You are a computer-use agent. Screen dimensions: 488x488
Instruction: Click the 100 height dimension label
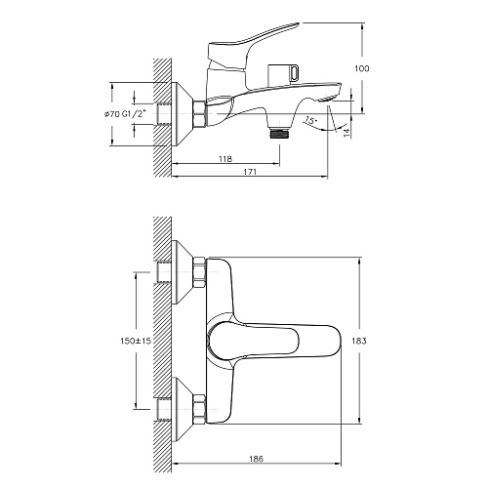(362, 68)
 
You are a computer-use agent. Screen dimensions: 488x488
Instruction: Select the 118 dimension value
(225, 159)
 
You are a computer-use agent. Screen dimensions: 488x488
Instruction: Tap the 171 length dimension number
(250, 172)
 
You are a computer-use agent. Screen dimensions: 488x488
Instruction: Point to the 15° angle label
(310, 120)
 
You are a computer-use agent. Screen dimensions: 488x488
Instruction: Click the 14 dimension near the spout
(347, 131)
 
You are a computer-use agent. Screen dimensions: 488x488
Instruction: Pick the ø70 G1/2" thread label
(125, 113)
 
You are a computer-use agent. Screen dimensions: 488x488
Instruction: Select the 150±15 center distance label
(136, 341)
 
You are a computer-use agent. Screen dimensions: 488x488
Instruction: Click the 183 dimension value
(359, 341)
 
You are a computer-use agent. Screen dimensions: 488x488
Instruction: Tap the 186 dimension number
(257, 459)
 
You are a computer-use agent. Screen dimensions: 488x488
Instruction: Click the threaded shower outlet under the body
(279, 134)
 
